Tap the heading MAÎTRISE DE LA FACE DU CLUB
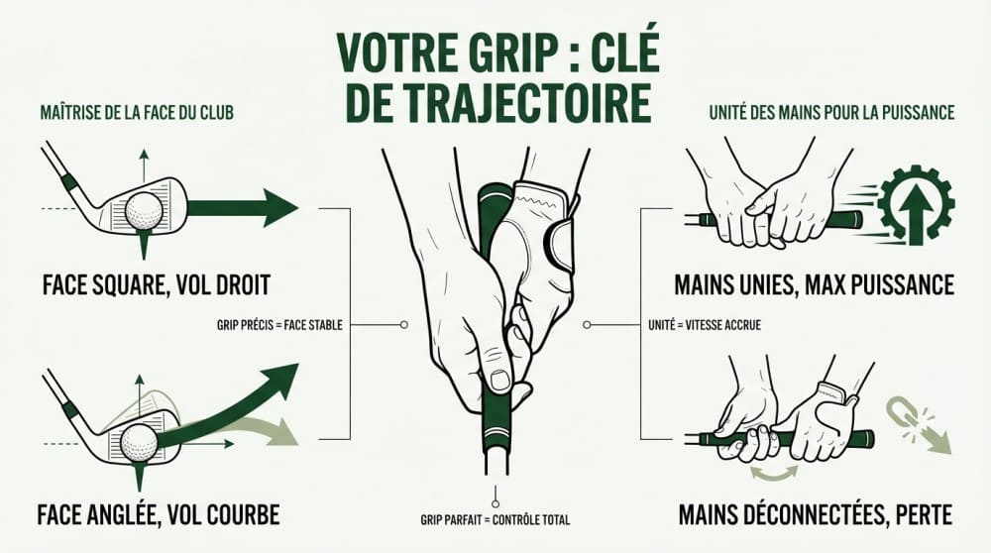135,113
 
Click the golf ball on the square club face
146,209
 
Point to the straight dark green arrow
243,208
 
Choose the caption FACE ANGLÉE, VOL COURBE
158,514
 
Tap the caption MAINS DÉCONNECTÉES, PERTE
815,515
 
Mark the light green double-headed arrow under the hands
773,475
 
